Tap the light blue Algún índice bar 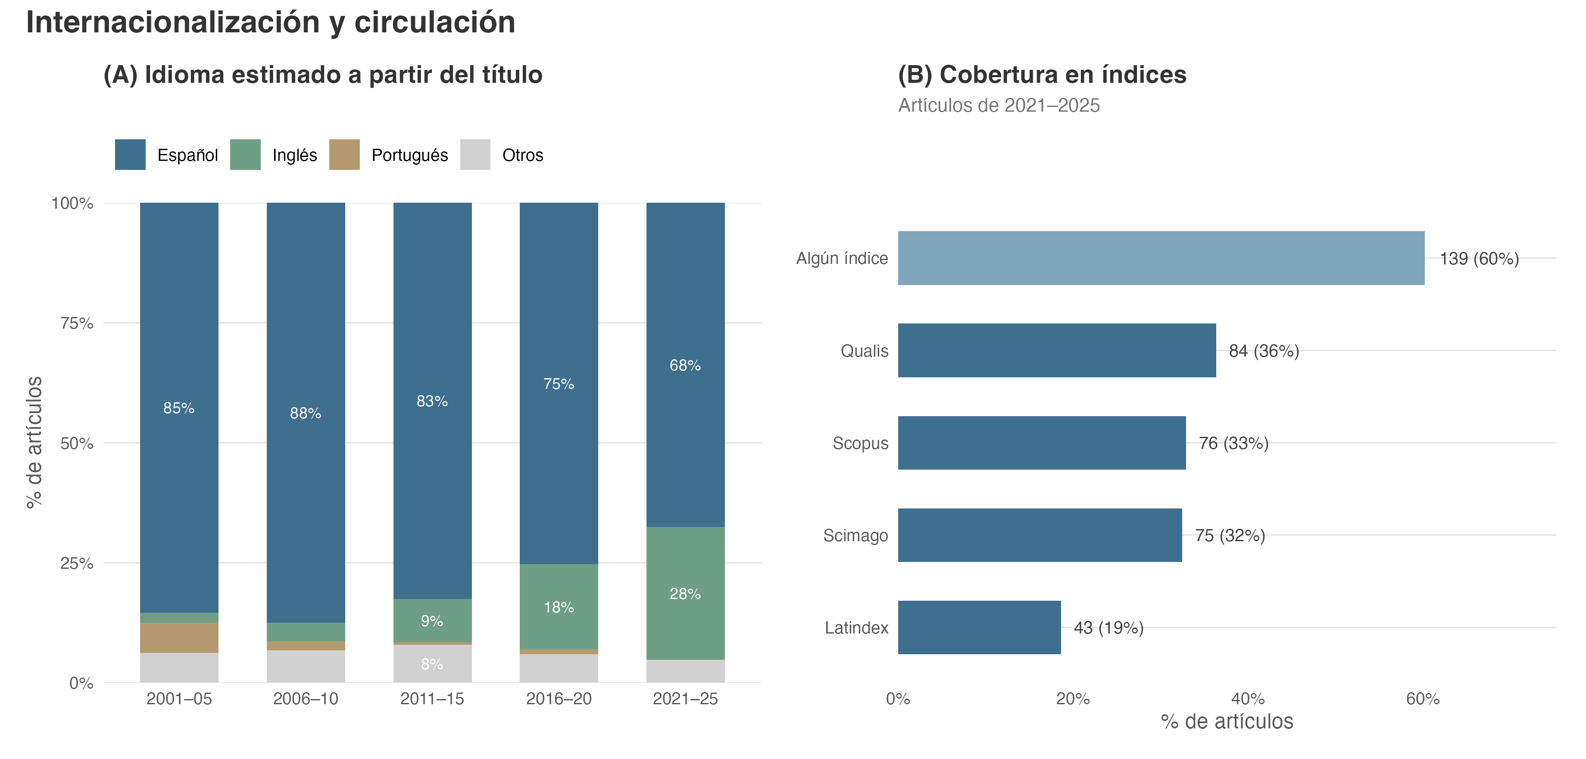1161,258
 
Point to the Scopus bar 1042,443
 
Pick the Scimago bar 1040,535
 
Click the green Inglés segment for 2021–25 685,593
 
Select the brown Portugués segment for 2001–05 179,638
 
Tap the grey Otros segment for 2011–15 432,664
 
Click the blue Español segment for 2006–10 306,413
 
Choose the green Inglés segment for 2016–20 559,607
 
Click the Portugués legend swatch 344,155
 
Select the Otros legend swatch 475,155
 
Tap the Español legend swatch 131,155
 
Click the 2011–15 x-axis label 432,699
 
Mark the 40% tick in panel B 1248,699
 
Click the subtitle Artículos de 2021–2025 999,105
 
